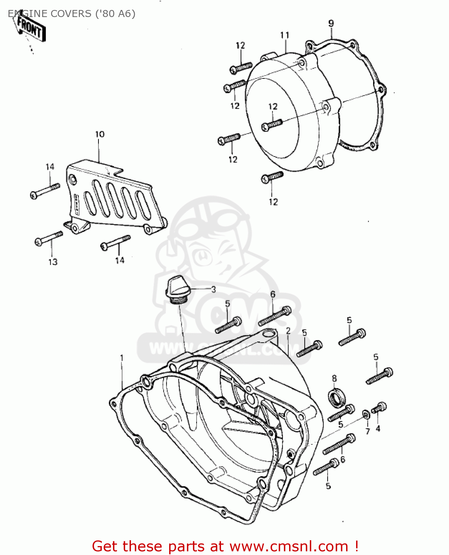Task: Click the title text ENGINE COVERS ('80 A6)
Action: (71, 14)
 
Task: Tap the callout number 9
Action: (331, 23)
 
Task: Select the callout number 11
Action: (285, 35)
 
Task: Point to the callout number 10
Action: (100, 134)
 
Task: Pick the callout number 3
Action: (213, 289)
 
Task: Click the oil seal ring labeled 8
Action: (337, 397)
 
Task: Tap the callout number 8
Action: (334, 379)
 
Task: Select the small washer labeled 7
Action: (365, 413)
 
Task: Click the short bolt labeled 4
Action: (379, 408)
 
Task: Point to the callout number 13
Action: (53, 262)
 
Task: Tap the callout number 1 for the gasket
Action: (122, 358)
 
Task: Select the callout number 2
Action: (288, 330)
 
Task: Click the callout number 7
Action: (368, 431)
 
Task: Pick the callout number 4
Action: (378, 429)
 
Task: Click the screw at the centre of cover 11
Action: (272, 124)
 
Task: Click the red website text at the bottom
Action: (225, 546)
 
